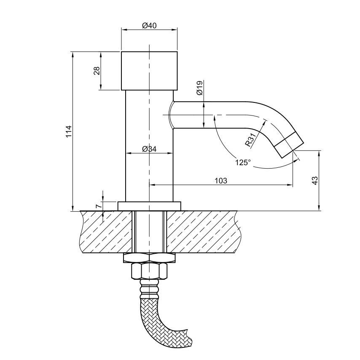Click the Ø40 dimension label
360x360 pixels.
tap(149, 25)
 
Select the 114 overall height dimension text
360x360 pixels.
tap(69, 132)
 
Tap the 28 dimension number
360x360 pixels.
tap(97, 71)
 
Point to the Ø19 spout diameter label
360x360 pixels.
tap(199, 88)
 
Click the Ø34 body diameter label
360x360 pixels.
tap(149, 149)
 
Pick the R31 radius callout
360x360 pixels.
tap(250, 140)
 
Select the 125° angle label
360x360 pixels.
tap(243, 163)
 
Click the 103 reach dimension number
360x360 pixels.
tap(221, 181)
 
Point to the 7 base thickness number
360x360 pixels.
tap(98, 206)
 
